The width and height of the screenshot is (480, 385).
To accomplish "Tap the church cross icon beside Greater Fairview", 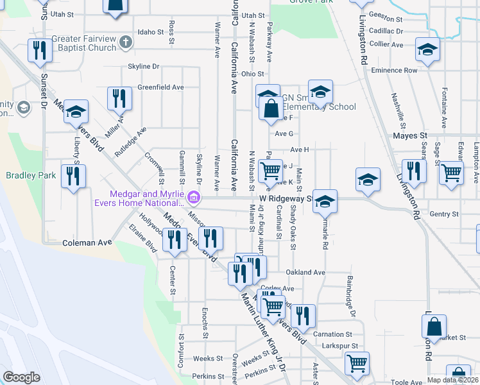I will coord(126,43).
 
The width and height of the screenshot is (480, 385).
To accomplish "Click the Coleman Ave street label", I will coord(87,243).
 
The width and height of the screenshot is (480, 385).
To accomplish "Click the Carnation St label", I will coord(332,334).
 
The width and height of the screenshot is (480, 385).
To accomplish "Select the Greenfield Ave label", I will coord(160,87).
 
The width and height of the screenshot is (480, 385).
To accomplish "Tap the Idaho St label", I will coord(151,31).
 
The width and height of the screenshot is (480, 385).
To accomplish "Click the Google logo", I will coord(21,377).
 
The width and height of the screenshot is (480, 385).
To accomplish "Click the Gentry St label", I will coord(440,214).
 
